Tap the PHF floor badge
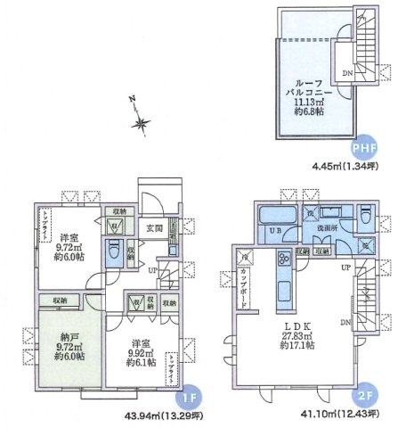click(365, 148)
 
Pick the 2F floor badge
click(365, 394)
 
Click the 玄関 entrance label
click(153, 229)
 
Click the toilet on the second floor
click(368, 218)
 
